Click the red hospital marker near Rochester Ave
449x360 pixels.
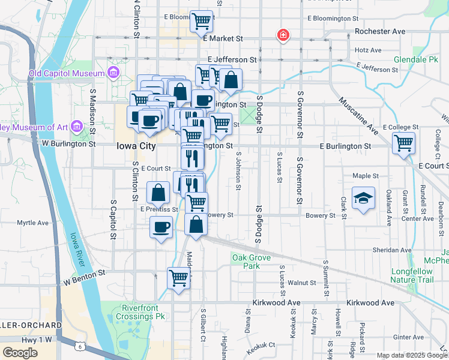pos(282,35)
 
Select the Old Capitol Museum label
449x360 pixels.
pos(67,74)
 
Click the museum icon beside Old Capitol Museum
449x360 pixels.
pos(113,74)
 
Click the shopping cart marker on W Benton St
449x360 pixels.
pos(179,278)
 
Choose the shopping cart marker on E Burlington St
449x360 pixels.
pos(403,143)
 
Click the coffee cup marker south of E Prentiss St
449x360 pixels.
pos(160,227)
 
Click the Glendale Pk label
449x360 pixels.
pos(416,60)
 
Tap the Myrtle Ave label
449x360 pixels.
pos(32,223)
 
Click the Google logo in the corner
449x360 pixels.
pos(20,353)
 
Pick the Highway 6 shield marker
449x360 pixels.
pos(80,346)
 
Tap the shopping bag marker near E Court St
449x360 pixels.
pos(158,193)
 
